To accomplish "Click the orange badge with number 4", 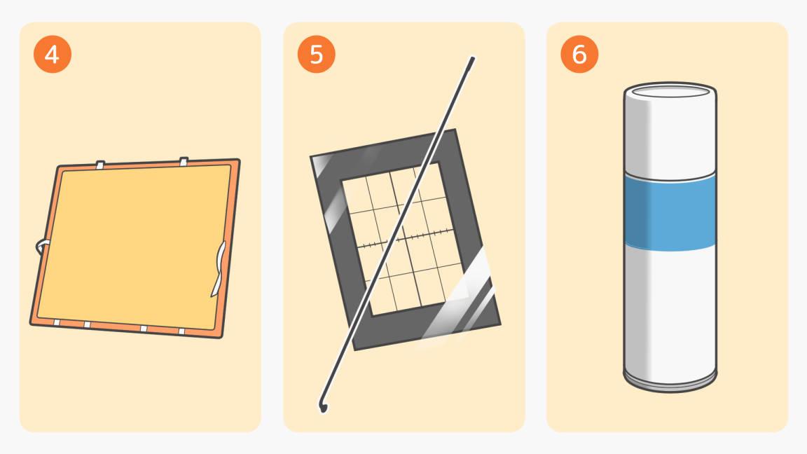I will tap(53, 55).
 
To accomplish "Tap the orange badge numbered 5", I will tap(316, 55).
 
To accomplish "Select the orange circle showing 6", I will tap(579, 55).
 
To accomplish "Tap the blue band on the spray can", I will tap(670, 212).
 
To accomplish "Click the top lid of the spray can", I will tap(670, 91).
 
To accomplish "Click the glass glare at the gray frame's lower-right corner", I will tap(459, 308).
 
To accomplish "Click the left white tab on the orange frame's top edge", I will tap(100, 165).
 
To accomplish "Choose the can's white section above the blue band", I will tap(670, 137).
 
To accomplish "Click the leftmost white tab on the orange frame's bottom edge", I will tap(57, 322).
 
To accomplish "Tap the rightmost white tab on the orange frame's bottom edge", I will tap(181, 330).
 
